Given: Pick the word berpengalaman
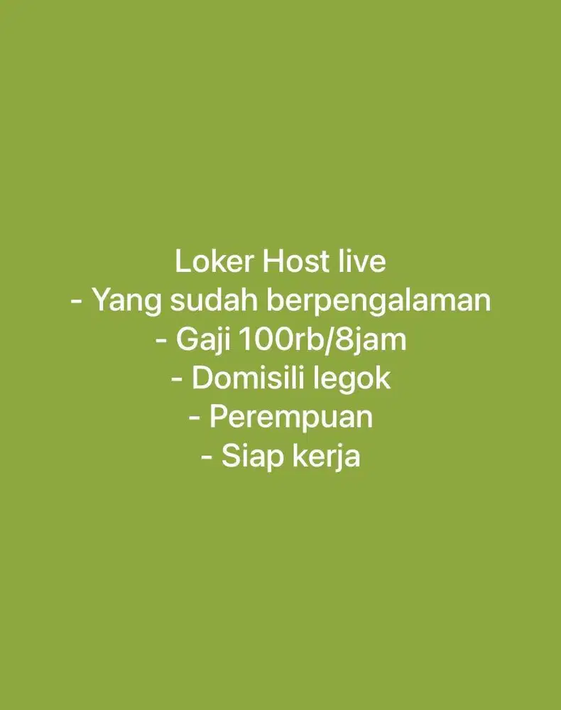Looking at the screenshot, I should tap(378, 302).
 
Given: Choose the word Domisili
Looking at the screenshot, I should tap(241, 378).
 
